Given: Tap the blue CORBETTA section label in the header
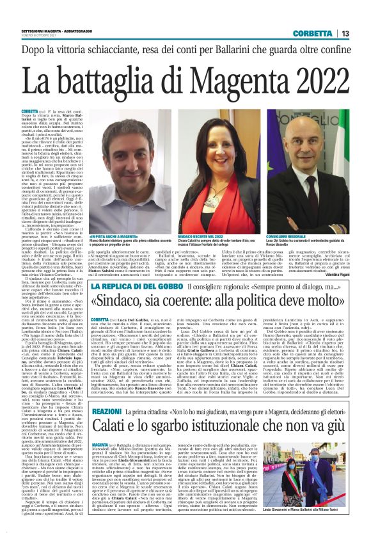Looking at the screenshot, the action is tap(313, 33).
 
